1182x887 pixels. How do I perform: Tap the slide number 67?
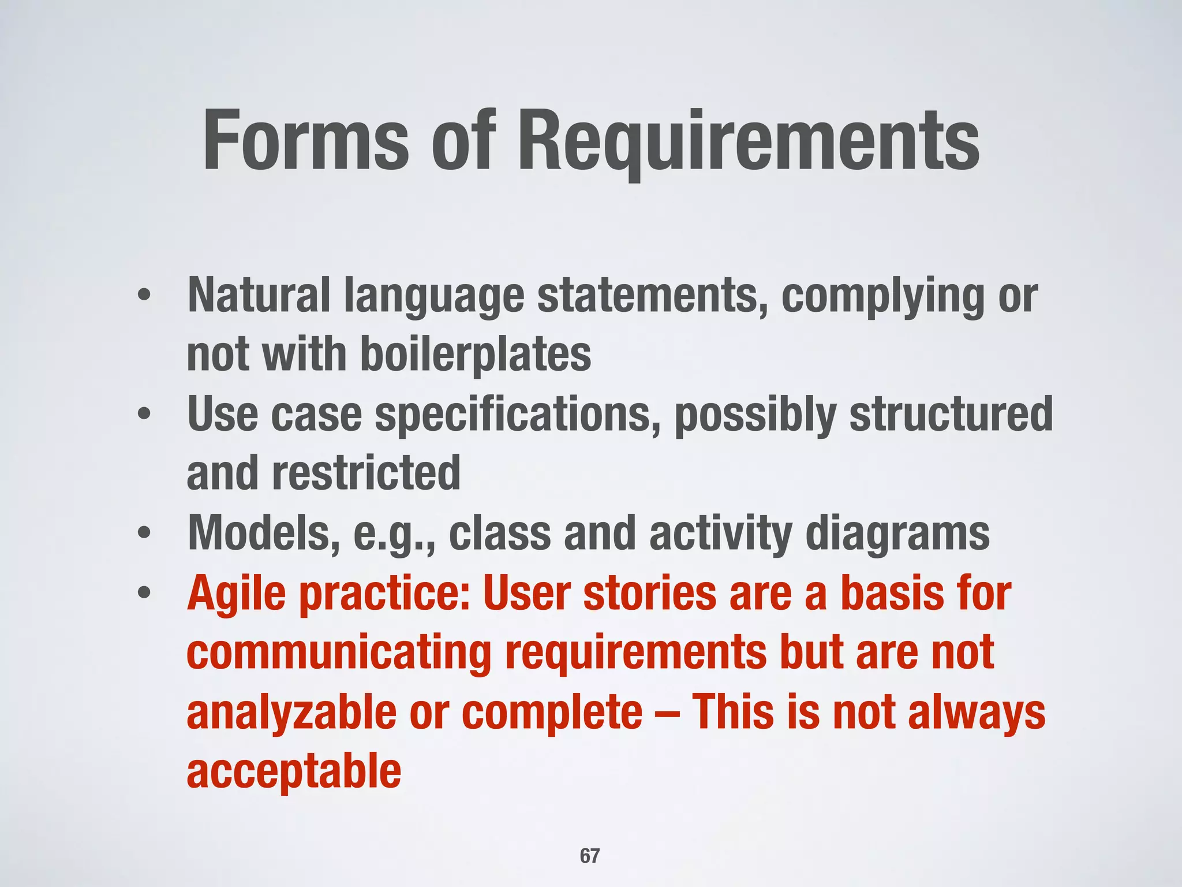590,856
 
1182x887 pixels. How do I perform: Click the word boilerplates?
476,354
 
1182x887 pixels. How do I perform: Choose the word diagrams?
897,534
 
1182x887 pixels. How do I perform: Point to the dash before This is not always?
667,714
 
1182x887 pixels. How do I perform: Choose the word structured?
951,415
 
